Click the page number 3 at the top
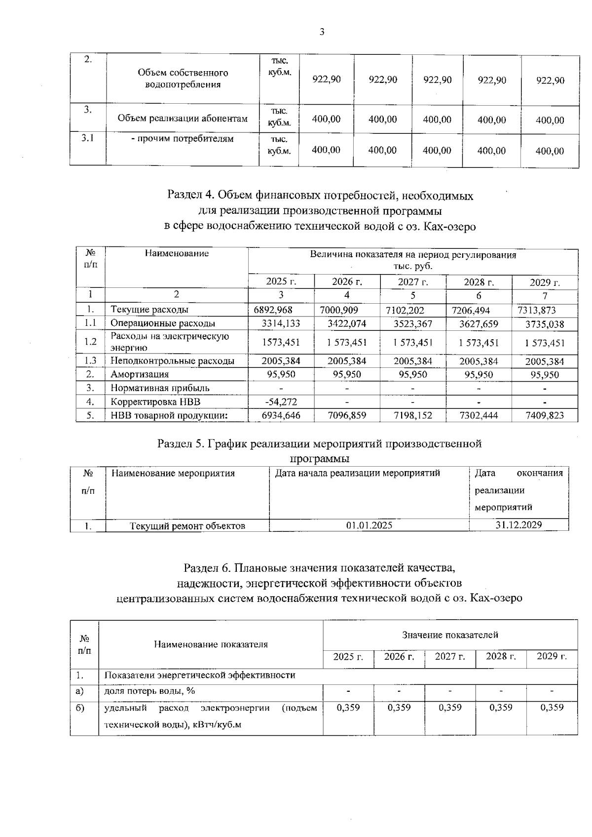click(x=322, y=33)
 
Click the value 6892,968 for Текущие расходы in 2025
click(x=273, y=310)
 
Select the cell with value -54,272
click(x=281, y=402)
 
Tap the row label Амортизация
click(x=140, y=374)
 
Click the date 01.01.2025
click(x=369, y=525)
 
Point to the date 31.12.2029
click(x=518, y=525)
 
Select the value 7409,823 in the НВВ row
click(x=545, y=416)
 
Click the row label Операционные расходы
click(x=163, y=323)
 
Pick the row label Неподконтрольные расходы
click(x=172, y=361)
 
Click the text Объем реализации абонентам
click(x=183, y=119)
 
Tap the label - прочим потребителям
click(x=182, y=139)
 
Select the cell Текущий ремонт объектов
click(x=187, y=526)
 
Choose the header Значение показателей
click(x=450, y=635)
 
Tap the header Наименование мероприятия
click(x=173, y=474)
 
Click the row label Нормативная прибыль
click(x=160, y=388)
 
